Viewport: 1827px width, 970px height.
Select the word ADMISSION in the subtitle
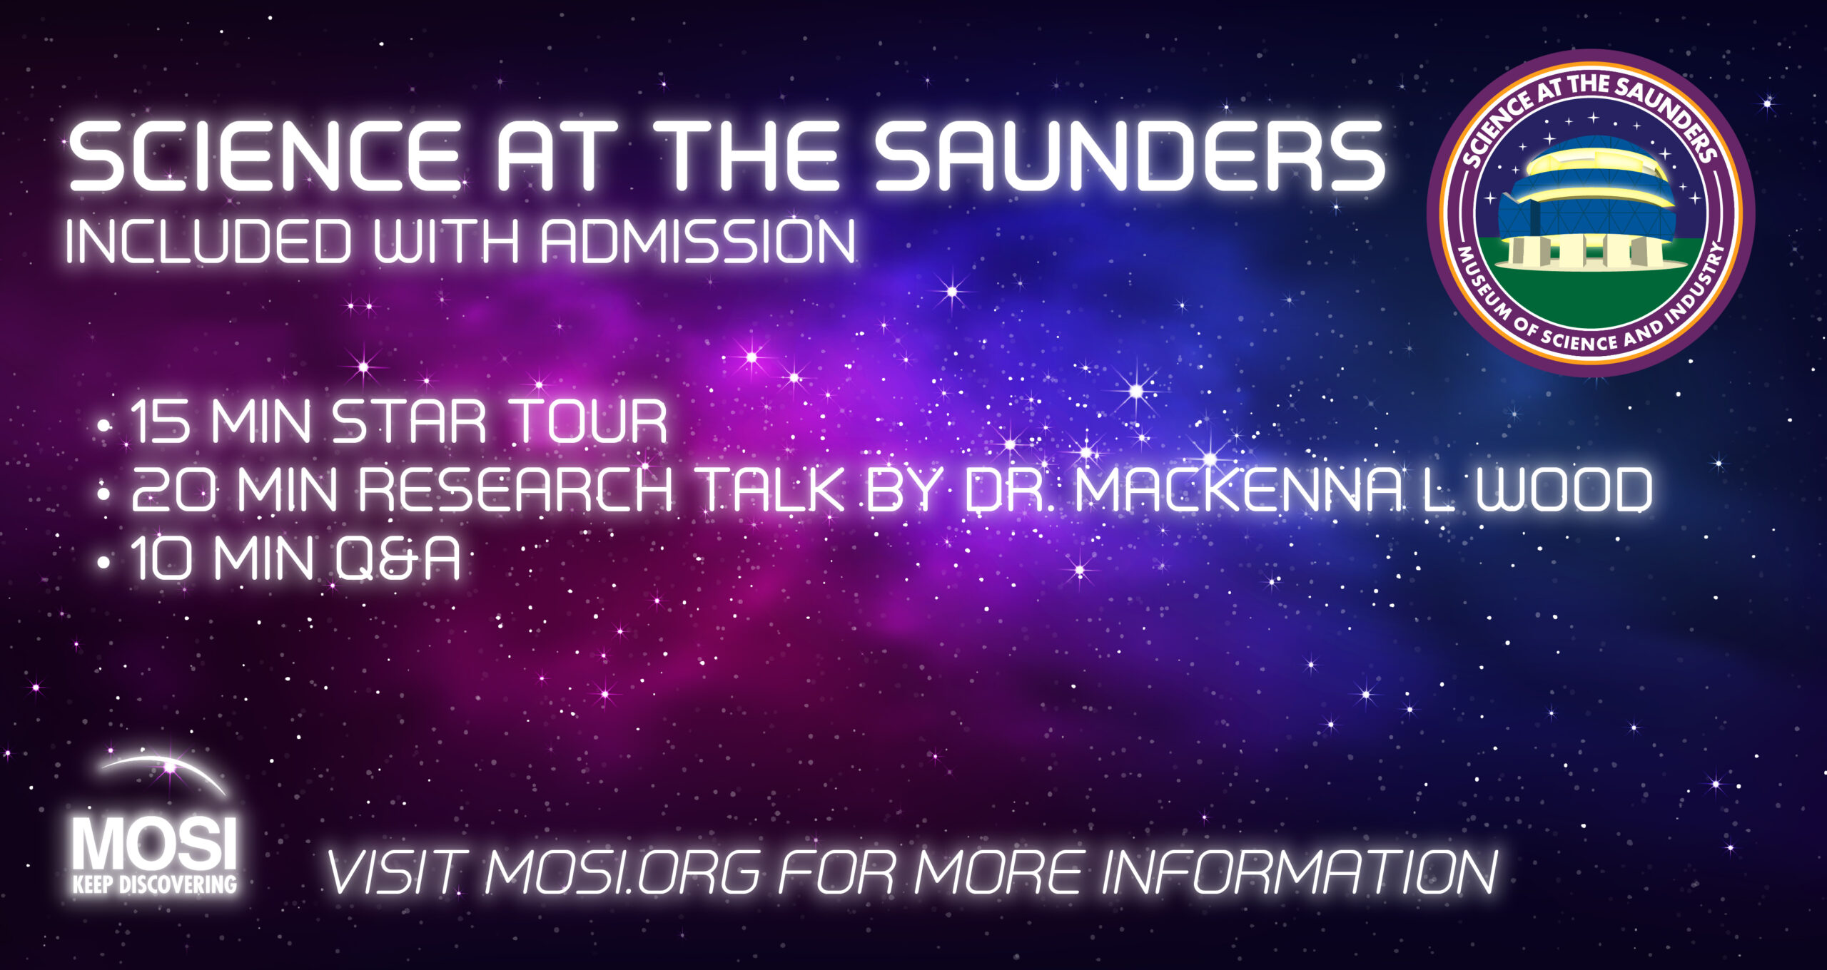(698, 242)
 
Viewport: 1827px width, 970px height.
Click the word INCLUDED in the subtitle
(209, 242)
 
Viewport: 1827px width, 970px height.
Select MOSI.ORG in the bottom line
(622, 872)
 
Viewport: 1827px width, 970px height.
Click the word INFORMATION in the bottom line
(1299, 872)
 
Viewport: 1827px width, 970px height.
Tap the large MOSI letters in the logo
(154, 844)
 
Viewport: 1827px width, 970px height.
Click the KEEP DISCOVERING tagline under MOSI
(154, 884)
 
